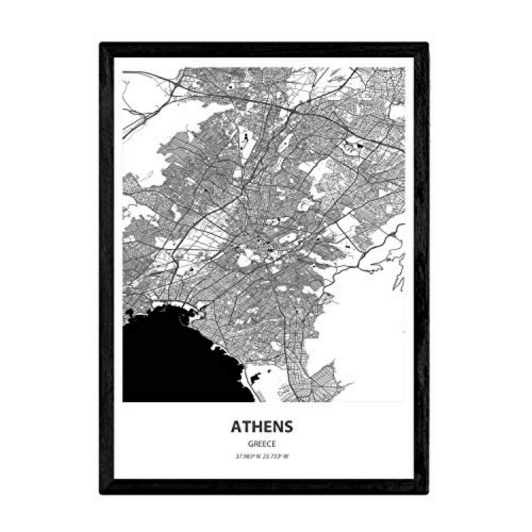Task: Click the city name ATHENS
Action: pyautogui.click(x=262, y=426)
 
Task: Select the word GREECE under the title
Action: pyautogui.click(x=262, y=443)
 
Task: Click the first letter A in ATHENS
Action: pyautogui.click(x=236, y=426)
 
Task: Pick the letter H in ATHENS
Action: pyautogui.click(x=256, y=426)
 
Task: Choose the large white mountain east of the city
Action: pyautogui.click(x=368, y=328)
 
